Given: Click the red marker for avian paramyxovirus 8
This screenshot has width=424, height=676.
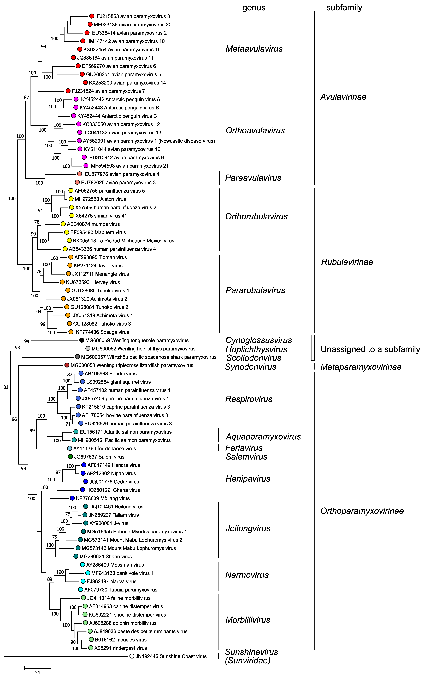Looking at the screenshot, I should point(92,16).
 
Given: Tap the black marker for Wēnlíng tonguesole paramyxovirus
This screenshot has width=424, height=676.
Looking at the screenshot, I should point(82,340).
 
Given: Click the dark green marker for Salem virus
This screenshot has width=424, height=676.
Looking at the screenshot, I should point(70,457).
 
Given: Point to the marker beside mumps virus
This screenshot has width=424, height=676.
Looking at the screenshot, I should point(63,224).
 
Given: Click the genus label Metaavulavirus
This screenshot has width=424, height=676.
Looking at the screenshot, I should point(254,49).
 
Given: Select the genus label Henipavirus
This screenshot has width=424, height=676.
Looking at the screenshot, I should point(248,479).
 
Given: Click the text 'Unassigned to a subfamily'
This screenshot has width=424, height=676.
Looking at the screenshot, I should point(370,349).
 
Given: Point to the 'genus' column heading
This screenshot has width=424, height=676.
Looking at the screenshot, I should point(254,8).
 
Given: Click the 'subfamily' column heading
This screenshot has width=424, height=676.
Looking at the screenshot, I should point(344,8).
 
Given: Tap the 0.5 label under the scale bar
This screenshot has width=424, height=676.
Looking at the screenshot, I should point(37,673).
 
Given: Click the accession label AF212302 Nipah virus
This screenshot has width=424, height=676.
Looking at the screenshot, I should point(111,473).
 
